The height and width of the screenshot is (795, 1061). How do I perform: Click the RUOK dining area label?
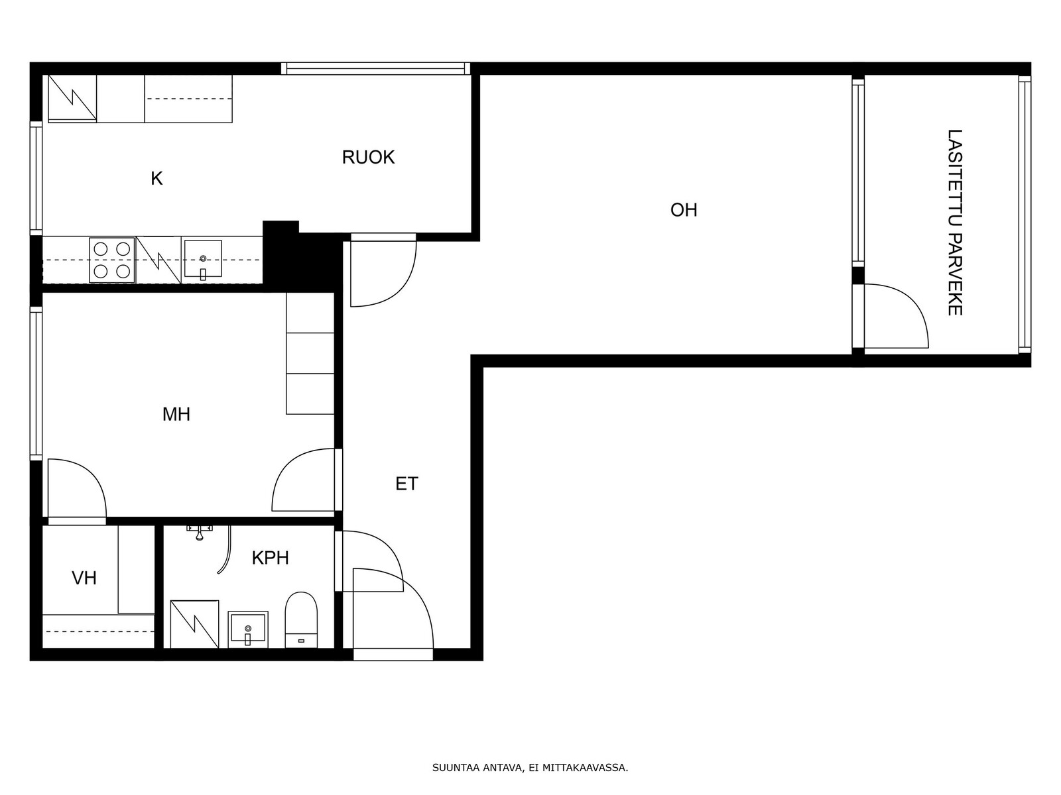[368, 158]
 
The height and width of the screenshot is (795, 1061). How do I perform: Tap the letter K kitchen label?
[156, 179]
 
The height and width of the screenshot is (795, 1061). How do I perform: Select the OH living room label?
[684, 210]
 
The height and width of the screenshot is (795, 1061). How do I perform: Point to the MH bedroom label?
[176, 414]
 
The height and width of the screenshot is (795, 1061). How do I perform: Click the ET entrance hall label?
[406, 484]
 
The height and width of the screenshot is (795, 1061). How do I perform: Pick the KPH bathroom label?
[270, 558]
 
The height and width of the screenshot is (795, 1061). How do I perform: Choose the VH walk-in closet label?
[84, 578]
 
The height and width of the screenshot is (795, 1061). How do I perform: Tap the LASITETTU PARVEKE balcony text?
[955, 223]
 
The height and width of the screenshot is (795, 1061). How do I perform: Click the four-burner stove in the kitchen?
[111, 260]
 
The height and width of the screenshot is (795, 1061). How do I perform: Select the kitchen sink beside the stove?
[203, 260]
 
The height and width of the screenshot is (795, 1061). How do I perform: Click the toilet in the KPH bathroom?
[301, 620]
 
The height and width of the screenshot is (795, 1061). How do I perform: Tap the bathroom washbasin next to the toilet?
[248, 629]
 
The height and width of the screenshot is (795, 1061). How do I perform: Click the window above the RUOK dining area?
[375, 68]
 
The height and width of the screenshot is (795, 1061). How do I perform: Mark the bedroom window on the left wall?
[36, 384]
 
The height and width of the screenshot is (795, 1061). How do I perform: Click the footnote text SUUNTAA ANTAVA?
[477, 767]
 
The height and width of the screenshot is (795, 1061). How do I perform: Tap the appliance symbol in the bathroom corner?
[195, 624]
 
